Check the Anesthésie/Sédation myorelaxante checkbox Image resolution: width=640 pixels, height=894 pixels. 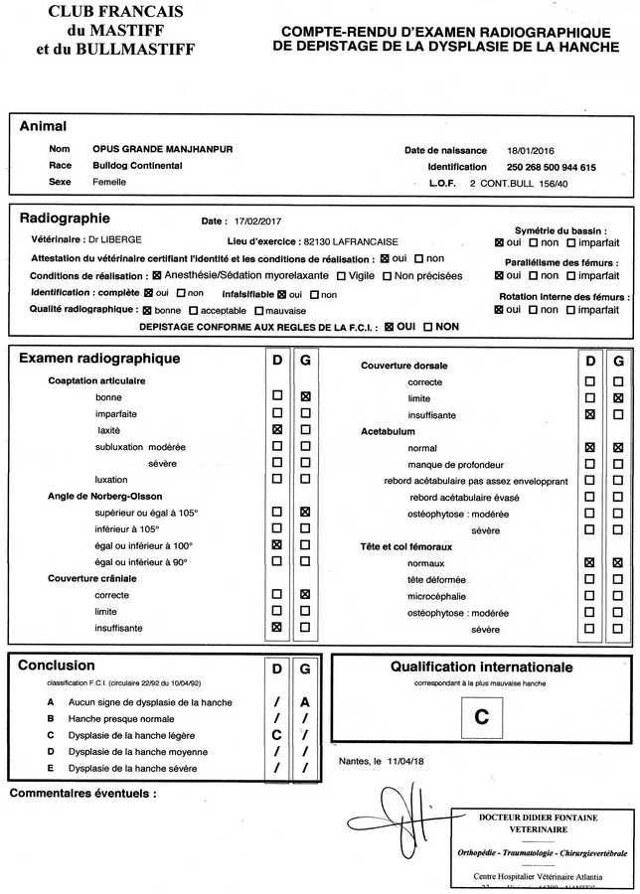point(156,275)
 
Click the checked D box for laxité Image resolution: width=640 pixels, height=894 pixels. point(276,430)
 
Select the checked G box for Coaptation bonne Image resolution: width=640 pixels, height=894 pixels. point(305,396)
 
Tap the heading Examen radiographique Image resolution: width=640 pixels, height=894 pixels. point(99,359)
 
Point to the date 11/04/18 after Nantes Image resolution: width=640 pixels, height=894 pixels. point(404,761)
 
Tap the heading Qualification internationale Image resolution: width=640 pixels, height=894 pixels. point(481,668)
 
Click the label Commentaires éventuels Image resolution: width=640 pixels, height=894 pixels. point(82,794)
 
